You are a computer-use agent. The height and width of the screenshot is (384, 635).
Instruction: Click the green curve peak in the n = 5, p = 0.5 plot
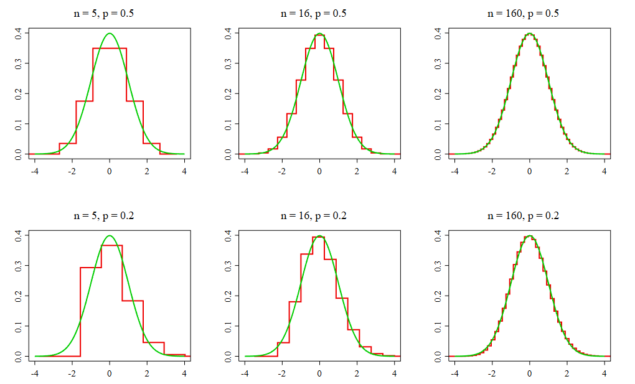click(x=110, y=34)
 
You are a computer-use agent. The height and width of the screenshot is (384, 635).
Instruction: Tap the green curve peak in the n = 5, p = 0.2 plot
click(x=110, y=236)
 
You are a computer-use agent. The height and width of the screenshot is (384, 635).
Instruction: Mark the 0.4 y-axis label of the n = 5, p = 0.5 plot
click(x=19, y=33)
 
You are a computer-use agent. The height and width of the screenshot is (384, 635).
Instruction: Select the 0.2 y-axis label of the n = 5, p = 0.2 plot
click(x=19, y=296)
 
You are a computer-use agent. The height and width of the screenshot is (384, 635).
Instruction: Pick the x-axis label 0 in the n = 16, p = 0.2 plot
click(x=319, y=373)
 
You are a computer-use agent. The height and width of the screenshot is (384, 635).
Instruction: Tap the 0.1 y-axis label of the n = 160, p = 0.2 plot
click(x=438, y=326)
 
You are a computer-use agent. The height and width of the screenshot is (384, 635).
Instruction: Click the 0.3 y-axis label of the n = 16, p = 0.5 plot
click(x=228, y=63)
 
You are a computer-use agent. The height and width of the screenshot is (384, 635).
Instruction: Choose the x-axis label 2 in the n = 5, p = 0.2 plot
click(x=147, y=373)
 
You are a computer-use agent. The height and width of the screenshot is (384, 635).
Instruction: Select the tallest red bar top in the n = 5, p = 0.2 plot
click(x=112, y=245)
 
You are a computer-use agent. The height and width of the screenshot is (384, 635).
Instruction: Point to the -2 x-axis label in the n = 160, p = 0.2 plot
click(x=491, y=373)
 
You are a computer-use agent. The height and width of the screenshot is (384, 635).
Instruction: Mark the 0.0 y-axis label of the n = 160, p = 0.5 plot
click(x=438, y=154)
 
